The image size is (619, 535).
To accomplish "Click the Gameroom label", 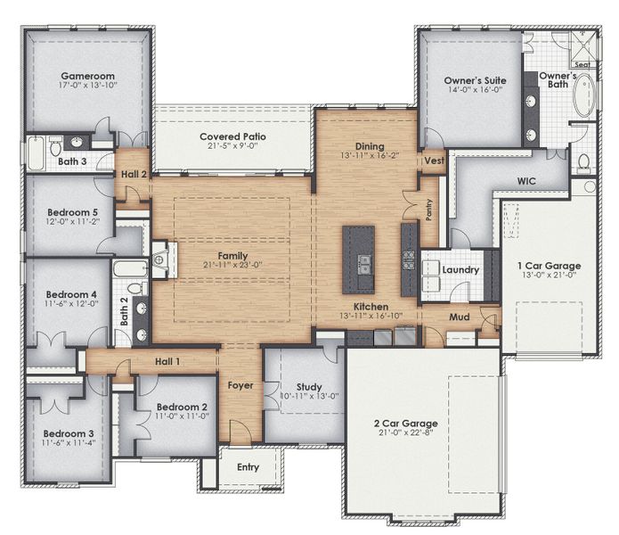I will point(84,78).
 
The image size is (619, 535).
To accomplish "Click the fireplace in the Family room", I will point(159,259).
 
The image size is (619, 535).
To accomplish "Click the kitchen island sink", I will point(365,264).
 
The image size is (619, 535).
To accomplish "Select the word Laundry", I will point(460,270).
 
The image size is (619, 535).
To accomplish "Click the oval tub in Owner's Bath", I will point(585,102).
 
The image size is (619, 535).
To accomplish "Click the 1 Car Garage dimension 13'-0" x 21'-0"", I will point(550,278).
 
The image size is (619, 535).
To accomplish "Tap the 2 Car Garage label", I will point(412,424).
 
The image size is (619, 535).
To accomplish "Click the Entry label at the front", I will point(248,468).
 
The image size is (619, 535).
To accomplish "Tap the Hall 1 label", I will point(167,360).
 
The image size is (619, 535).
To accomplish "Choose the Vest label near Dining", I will point(433,161).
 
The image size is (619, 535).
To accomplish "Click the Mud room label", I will point(460,317).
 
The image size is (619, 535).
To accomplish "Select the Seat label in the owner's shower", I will point(582,65).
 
